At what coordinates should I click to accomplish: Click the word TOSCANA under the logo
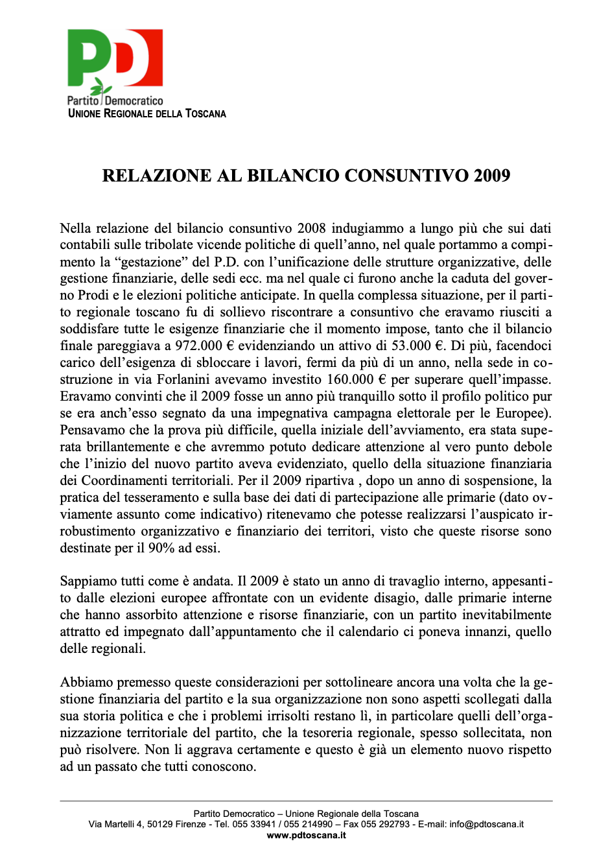tap(205, 113)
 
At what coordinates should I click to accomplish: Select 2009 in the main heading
tap(491, 176)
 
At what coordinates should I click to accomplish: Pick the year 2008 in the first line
tap(311, 228)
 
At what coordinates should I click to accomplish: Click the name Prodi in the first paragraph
tap(96, 296)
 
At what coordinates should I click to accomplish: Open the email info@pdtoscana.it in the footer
tap(486, 824)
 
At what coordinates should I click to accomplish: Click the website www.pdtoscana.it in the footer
tap(306, 835)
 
